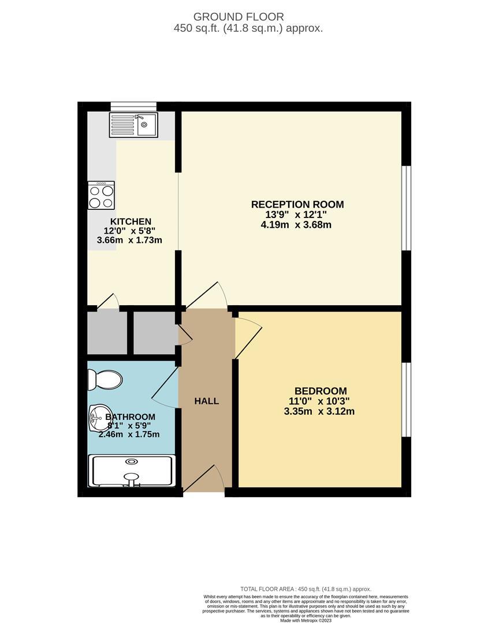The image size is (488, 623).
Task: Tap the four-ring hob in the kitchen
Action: tap(101, 195)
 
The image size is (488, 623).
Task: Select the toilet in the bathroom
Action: tap(105, 380)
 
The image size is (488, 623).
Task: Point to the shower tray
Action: tap(131, 470)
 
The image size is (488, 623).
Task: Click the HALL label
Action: tap(206, 401)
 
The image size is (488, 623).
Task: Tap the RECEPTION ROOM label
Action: tap(297, 204)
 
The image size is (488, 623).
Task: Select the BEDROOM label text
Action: tap(321, 391)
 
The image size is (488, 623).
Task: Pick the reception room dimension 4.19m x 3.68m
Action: tap(296, 225)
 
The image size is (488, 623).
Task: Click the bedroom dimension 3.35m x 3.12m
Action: tap(319, 411)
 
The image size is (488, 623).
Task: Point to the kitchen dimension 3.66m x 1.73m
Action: tap(129, 240)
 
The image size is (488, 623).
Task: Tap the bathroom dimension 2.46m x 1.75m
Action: tap(129, 434)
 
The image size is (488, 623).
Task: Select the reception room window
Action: tap(407, 208)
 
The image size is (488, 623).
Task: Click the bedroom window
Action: tap(407, 399)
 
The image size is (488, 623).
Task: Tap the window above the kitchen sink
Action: tap(133, 106)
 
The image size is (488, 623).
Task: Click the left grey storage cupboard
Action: tap(107, 333)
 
